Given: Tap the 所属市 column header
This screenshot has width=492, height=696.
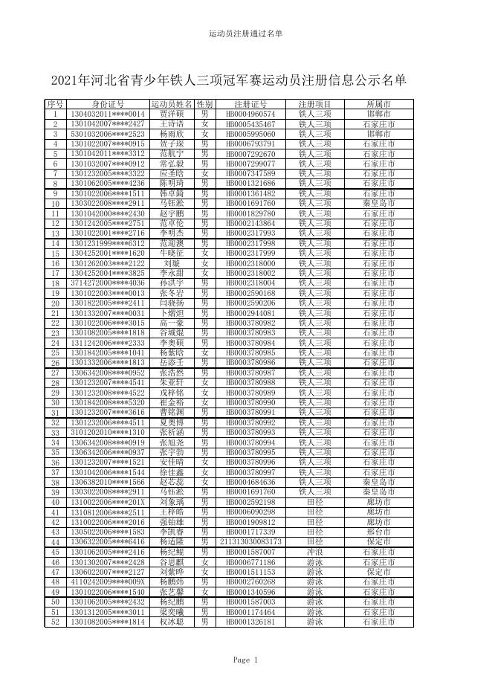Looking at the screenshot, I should (380, 104).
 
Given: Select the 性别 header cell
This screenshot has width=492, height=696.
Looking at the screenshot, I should (204, 104).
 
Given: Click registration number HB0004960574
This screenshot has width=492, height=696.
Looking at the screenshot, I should (250, 115).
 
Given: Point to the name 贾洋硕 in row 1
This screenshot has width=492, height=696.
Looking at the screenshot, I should (172, 115).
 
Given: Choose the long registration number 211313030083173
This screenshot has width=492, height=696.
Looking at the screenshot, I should (250, 542).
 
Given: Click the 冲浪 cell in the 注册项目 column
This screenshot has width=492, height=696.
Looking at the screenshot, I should (314, 552).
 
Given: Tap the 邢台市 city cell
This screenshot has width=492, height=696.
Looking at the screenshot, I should (380, 532).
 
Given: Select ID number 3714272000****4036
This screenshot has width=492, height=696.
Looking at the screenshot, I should (108, 283).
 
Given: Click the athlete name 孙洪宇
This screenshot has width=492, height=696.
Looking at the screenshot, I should (172, 283).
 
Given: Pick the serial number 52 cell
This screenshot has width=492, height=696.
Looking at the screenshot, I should (55, 622).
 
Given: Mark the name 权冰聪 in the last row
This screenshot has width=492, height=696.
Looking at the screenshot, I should (172, 622).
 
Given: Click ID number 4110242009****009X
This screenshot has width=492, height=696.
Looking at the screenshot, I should (108, 582).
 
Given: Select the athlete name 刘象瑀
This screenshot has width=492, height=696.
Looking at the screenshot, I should (172, 503).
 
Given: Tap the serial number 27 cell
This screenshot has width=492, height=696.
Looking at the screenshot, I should (55, 373).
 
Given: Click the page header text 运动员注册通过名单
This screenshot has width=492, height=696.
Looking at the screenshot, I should (245, 34).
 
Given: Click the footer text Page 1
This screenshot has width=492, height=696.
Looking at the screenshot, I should (245, 660).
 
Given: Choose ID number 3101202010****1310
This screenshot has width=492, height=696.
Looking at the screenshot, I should (108, 432).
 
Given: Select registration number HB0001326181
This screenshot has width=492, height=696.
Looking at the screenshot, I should (250, 622).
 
